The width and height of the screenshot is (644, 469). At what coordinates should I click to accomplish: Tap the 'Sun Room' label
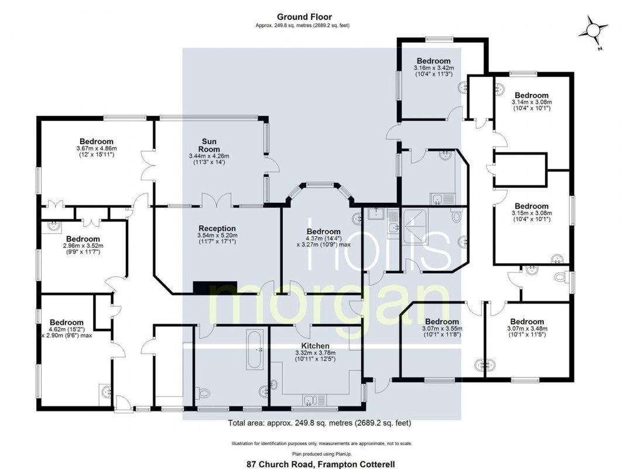(x=209, y=145)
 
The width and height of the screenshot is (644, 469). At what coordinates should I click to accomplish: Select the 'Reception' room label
(x=217, y=228)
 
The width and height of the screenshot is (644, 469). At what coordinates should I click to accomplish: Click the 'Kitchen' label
(x=315, y=346)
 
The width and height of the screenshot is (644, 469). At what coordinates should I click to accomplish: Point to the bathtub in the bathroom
(x=255, y=350)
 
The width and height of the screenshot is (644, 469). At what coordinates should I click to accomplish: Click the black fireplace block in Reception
(x=214, y=287)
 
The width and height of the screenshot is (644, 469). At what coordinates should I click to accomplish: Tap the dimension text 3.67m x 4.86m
(x=97, y=149)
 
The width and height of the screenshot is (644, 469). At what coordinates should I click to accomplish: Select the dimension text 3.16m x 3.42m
(x=434, y=68)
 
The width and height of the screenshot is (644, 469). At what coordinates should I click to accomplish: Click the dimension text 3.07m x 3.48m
(x=527, y=329)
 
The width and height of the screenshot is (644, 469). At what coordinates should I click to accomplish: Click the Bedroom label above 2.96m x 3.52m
(x=83, y=239)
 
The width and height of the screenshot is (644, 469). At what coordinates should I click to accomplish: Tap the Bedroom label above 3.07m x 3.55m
(x=441, y=321)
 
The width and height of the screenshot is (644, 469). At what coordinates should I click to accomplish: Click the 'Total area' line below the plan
(x=319, y=423)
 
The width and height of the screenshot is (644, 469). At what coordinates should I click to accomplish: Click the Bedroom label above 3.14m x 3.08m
(x=531, y=95)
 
